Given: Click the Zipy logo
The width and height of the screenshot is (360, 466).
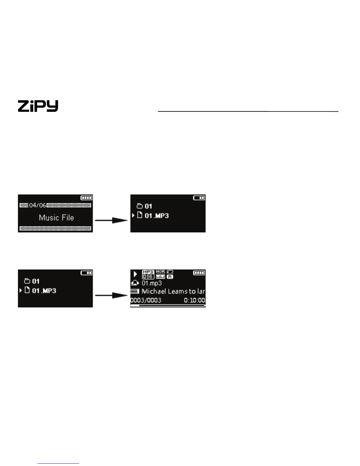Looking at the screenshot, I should (38, 106).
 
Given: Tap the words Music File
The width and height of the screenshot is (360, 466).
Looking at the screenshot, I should (56, 218).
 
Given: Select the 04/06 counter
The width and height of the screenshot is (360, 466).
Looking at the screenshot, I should (38, 205).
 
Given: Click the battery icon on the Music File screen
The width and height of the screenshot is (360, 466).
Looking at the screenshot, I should (86, 198).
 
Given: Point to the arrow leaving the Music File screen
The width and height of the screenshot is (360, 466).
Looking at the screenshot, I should (111, 220).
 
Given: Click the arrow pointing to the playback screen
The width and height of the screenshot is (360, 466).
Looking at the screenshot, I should (111, 295).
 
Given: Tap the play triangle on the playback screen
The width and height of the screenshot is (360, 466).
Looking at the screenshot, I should (135, 274).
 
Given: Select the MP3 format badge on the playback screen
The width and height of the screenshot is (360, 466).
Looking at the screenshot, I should (148, 272).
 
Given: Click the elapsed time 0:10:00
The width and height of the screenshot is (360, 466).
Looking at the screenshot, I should (194, 300).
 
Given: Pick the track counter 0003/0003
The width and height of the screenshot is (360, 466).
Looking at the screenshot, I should (146, 300).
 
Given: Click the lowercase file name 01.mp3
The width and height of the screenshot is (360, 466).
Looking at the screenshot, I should (152, 283).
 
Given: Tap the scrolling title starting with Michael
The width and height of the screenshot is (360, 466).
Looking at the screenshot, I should (173, 292).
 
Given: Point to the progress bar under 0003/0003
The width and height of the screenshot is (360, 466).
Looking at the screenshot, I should (168, 306).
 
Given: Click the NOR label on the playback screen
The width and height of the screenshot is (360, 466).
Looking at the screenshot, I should (160, 272).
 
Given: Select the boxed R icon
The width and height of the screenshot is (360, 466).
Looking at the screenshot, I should (170, 277).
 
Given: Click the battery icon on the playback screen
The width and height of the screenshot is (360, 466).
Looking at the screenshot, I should (199, 273).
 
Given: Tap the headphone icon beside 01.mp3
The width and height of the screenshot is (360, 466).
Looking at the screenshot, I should (135, 283).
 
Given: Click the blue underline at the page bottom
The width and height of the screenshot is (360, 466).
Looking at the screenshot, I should (58, 463).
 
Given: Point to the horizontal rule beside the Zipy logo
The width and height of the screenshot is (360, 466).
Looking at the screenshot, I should (248, 111).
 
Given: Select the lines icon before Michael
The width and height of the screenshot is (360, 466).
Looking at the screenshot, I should (135, 292).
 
